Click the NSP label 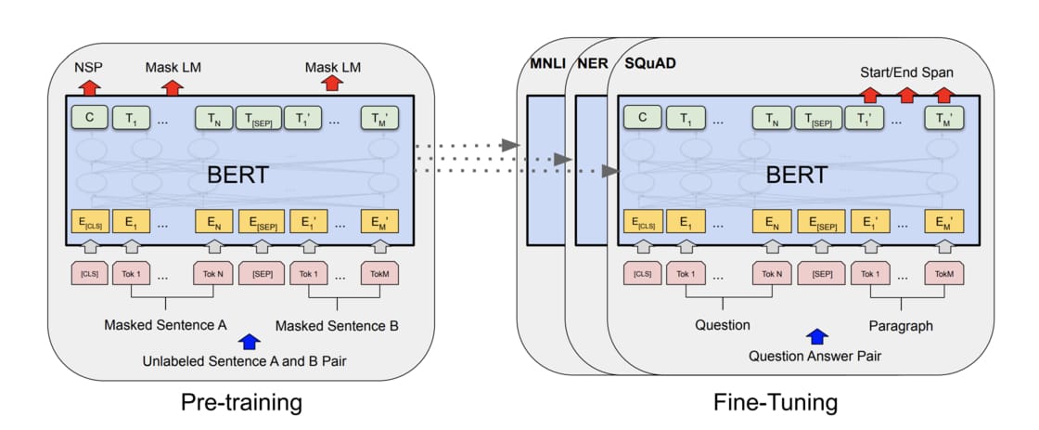click(x=89, y=67)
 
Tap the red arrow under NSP click(x=89, y=88)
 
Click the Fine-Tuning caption click(x=776, y=402)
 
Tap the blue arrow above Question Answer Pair click(x=815, y=337)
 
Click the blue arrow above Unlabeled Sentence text click(x=248, y=342)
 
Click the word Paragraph click(x=901, y=325)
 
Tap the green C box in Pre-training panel click(x=89, y=118)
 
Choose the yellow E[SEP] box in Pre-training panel click(x=261, y=223)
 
